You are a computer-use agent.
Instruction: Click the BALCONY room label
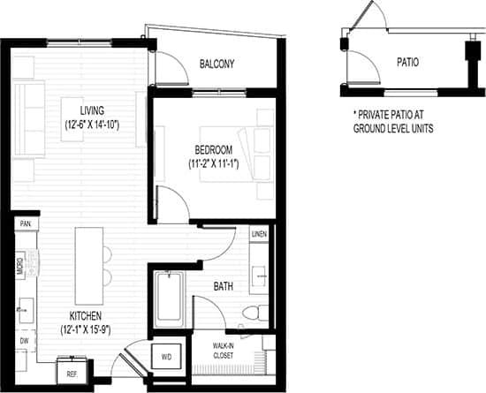pos(216,64)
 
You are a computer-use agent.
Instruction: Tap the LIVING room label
pos(92,110)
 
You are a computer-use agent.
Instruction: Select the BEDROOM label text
pos(215,149)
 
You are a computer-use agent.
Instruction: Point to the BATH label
pos(224,286)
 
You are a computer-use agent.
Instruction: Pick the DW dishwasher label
pos(23,339)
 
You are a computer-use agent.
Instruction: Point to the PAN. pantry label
pos(26,224)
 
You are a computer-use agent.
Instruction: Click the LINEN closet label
pos(259,234)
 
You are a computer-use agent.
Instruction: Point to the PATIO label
pos(407,63)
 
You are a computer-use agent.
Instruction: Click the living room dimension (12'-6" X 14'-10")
pos(92,125)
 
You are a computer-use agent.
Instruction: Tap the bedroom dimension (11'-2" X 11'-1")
pos(215,164)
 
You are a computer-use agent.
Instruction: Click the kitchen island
pos(86,257)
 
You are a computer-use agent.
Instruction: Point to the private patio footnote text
pos(393,121)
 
